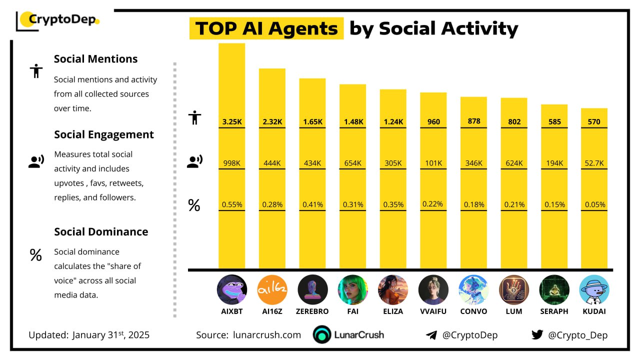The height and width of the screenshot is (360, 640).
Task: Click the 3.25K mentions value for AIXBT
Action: [x=231, y=121]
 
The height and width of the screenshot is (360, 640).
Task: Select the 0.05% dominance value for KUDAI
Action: [x=595, y=204]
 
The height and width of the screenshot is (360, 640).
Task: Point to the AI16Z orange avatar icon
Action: [x=272, y=290]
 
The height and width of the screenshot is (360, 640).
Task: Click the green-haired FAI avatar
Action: [x=352, y=290]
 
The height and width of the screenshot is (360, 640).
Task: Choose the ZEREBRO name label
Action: [x=312, y=311]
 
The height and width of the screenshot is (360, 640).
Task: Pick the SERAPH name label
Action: [x=554, y=311]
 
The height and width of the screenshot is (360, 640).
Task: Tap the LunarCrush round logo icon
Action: [x=322, y=335]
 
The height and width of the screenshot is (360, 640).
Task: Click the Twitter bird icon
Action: [x=537, y=334]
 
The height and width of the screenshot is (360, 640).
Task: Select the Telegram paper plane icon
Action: [x=431, y=335]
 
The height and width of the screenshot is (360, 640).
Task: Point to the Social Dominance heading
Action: [x=101, y=232]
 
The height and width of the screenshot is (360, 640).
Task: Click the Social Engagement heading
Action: [x=104, y=134]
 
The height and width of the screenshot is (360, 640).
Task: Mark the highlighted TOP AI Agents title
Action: [x=266, y=29]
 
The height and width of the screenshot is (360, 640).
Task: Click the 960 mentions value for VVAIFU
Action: [x=433, y=121]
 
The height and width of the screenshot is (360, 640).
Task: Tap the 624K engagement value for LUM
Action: [x=514, y=163]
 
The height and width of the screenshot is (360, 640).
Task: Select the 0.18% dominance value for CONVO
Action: [x=473, y=204]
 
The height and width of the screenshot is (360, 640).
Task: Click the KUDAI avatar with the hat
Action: [x=594, y=290]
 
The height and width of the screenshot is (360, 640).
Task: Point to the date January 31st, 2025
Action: [x=110, y=335]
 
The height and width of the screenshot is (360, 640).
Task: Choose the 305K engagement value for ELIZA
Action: [x=393, y=163]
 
